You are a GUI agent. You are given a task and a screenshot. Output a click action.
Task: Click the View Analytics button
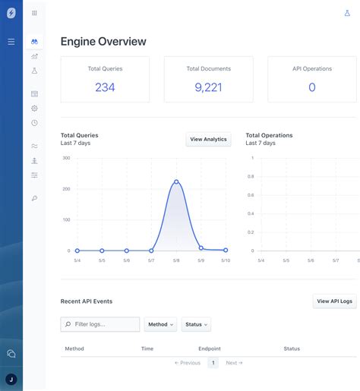(208, 139)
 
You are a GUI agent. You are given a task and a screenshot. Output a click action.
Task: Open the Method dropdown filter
(160, 324)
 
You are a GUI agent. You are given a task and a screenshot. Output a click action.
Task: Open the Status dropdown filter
(196, 324)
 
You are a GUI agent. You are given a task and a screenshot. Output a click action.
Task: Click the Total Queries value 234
(105, 87)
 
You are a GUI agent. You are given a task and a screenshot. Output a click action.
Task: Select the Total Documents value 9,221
(208, 87)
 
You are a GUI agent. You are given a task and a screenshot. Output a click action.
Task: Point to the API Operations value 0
(312, 87)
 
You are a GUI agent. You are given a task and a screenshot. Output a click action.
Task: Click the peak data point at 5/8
(176, 181)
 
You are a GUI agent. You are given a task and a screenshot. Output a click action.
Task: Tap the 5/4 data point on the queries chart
(77, 251)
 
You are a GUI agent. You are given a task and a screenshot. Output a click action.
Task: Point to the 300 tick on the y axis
(66, 158)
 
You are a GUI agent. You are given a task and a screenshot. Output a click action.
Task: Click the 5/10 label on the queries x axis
(226, 260)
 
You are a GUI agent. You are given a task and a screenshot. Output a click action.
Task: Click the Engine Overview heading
(103, 42)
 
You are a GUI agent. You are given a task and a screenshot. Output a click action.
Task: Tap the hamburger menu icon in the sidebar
(11, 42)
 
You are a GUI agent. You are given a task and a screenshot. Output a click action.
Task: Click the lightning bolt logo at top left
(11, 13)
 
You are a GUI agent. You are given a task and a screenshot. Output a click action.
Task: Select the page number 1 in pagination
(213, 363)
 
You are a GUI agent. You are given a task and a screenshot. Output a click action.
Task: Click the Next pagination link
(234, 363)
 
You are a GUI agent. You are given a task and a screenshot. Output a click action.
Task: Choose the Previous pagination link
(188, 363)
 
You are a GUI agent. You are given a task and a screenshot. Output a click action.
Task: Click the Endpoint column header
(210, 348)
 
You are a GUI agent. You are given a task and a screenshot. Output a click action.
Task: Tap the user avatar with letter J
(11, 379)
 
